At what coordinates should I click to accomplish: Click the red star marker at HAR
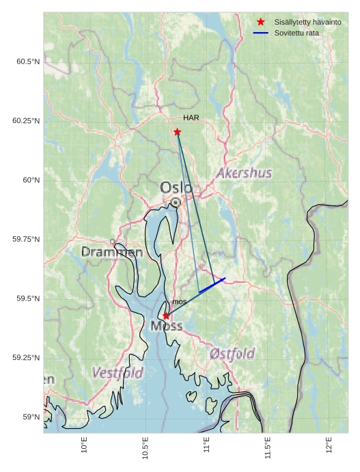(177, 132)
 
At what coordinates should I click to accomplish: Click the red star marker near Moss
(166, 316)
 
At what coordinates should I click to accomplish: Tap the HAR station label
(191, 118)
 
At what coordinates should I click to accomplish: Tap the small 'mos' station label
(179, 301)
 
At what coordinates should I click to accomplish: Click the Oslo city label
(176, 187)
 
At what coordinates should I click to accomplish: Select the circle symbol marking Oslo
(176, 202)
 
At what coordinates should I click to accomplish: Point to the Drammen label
(112, 252)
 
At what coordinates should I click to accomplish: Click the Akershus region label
(244, 173)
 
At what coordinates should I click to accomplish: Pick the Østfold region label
(232, 354)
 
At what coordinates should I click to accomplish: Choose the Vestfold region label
(117, 373)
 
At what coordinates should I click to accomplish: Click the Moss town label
(167, 327)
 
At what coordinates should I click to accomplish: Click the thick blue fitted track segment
(212, 286)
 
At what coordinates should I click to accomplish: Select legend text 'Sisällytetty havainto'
(307, 23)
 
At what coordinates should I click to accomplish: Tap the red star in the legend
(260, 23)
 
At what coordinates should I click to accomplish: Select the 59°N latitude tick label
(31, 417)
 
